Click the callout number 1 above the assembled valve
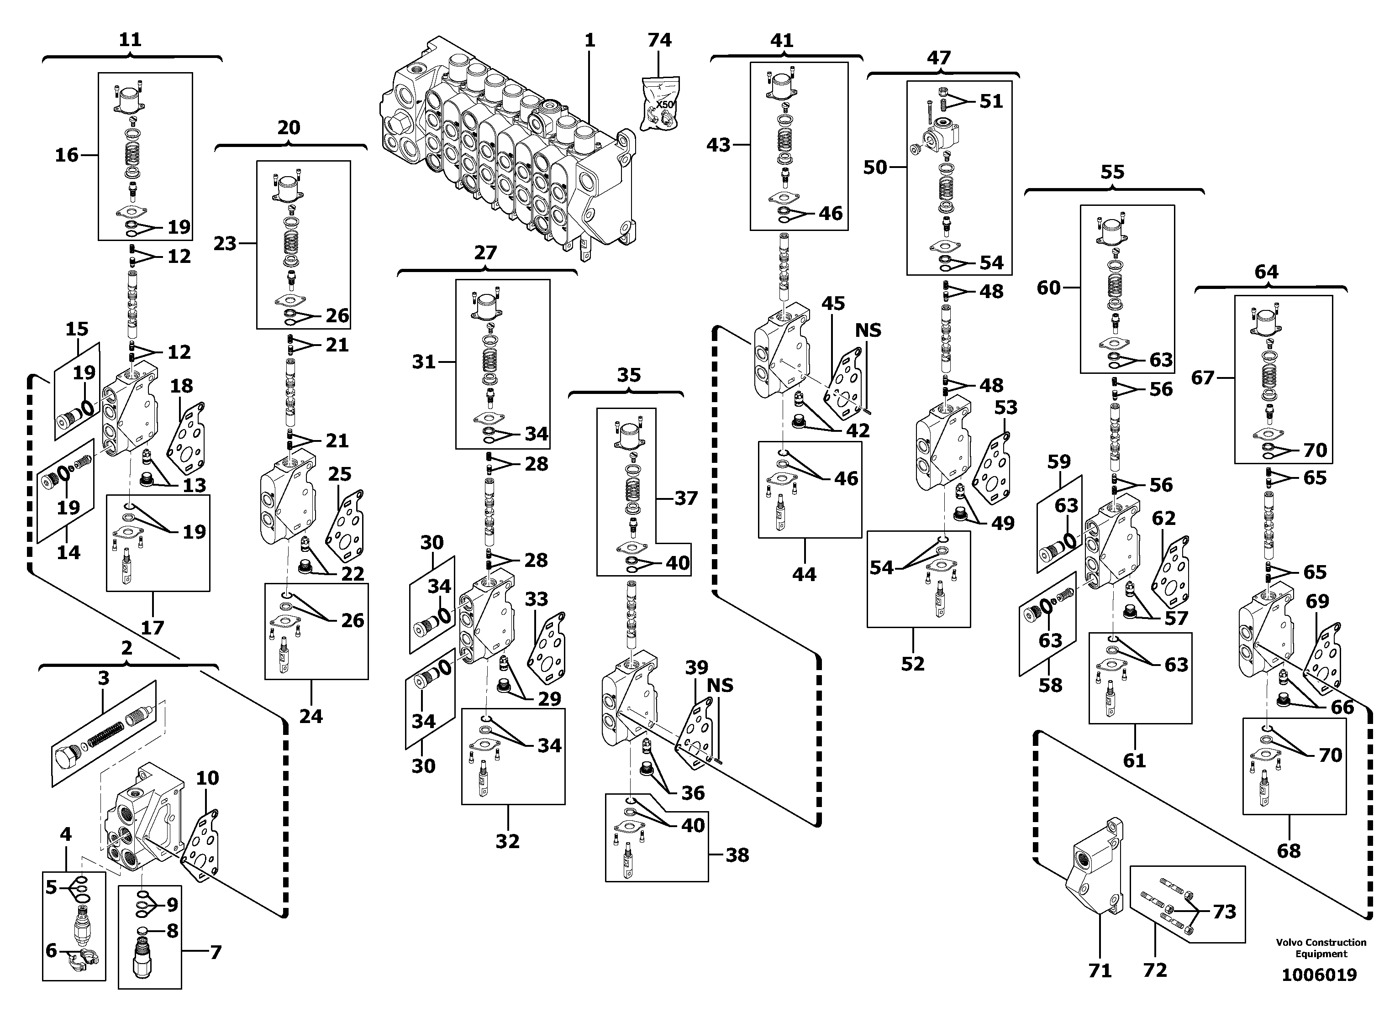(589, 41)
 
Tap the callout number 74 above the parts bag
(659, 40)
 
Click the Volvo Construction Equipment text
(1321, 948)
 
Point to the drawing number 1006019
(1319, 975)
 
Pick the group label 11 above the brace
(130, 40)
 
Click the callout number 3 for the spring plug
(104, 678)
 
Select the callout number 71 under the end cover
(1100, 971)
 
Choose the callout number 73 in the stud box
(1225, 912)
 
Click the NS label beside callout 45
(868, 331)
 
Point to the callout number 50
(875, 167)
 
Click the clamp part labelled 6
(81, 961)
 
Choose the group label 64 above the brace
(1266, 272)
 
